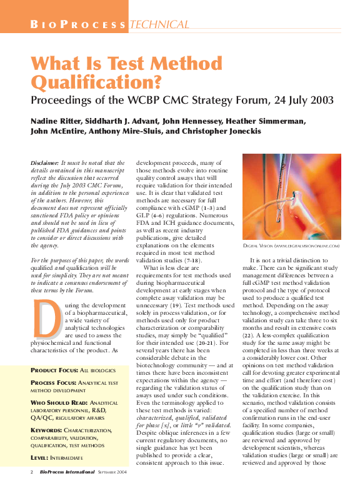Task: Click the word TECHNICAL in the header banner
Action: (x=159, y=26)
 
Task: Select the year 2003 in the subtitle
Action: (x=321, y=100)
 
